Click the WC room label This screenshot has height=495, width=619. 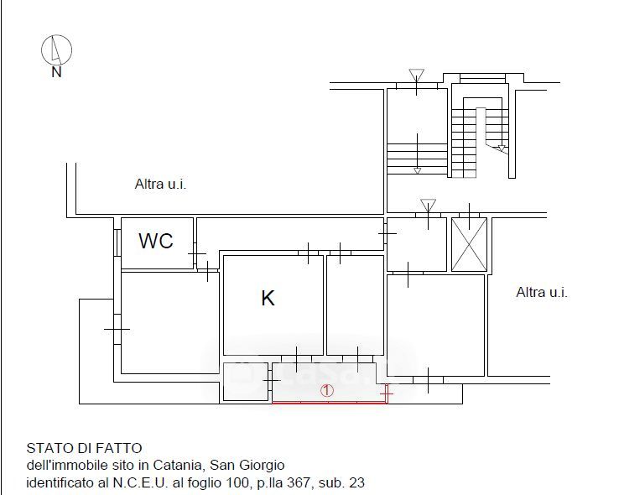click(156, 241)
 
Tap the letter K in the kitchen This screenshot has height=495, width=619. click(268, 298)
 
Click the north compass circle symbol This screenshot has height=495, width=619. click(56, 49)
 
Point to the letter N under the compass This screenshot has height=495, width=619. click(56, 72)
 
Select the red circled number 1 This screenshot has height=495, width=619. click(327, 391)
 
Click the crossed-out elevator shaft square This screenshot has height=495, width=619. click(469, 245)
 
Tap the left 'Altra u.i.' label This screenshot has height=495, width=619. click(160, 185)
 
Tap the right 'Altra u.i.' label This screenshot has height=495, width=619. click(542, 293)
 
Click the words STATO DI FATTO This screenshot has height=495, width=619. click(84, 448)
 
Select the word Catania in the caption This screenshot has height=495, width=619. click(179, 466)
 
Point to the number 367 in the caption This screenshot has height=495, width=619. click(298, 482)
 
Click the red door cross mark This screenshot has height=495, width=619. click(386, 393)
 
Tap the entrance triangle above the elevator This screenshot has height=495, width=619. click(428, 206)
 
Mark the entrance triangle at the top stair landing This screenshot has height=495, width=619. click(417, 75)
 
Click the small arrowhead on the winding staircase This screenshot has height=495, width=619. click(502, 148)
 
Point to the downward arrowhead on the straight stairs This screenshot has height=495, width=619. click(417, 171)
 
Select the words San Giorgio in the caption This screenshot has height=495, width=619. click(247, 466)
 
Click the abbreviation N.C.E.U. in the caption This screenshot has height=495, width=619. click(141, 482)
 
